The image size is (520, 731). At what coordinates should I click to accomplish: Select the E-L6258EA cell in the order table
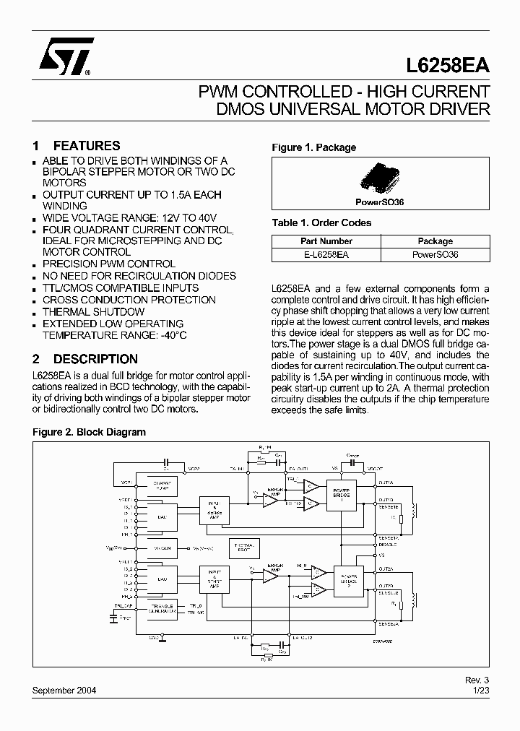tap(326, 254)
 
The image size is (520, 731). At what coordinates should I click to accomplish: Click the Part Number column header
tap(326, 241)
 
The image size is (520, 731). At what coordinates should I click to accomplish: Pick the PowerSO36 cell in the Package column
tap(435, 254)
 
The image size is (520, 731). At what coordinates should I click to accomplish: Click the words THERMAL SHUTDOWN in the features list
tap(93, 311)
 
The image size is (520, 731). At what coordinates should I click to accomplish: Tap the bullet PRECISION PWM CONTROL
tap(108, 264)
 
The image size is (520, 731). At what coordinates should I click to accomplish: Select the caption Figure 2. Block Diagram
tap(90, 432)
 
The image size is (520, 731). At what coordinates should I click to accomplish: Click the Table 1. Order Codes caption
tap(321, 222)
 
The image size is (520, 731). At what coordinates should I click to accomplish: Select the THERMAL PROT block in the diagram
tap(243, 547)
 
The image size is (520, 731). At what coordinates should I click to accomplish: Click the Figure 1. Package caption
tap(313, 147)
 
